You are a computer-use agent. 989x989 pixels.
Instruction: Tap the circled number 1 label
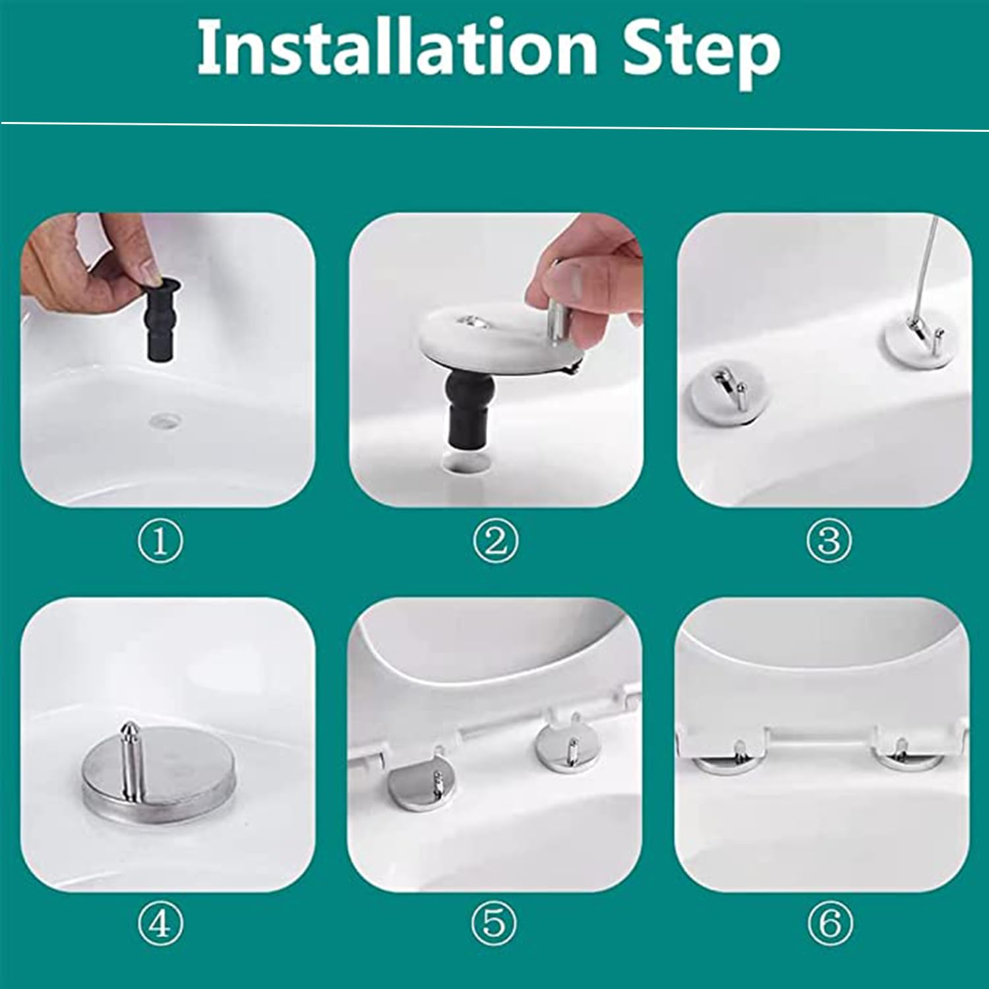pyautogui.click(x=160, y=541)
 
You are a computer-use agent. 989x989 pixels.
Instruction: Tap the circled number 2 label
pyautogui.click(x=496, y=541)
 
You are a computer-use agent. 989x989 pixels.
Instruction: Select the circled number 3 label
pyautogui.click(x=829, y=541)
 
